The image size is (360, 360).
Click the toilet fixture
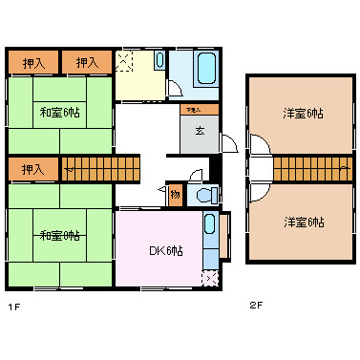click(x=203, y=196)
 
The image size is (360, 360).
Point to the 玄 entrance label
click(x=200, y=132)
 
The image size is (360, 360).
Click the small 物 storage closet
click(x=176, y=194)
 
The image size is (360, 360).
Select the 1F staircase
click(x=100, y=170)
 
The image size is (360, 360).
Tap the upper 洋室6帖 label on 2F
click(x=303, y=114)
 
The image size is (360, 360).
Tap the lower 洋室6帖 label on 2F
click(x=303, y=222)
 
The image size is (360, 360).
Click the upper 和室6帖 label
click(x=59, y=113)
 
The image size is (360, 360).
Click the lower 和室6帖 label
click(x=59, y=236)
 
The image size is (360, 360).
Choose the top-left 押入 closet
click(x=33, y=63)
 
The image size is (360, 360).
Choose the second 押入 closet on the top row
click(x=88, y=63)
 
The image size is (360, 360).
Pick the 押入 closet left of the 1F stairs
click(x=33, y=170)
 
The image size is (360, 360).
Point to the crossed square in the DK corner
click(x=209, y=278)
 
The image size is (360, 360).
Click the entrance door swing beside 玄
click(x=229, y=143)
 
